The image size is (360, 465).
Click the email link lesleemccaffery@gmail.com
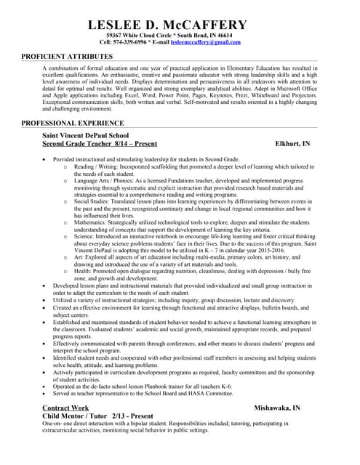[205, 42]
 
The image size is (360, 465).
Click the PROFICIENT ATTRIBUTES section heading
[67, 56]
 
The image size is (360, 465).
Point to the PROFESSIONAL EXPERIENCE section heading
[73, 124]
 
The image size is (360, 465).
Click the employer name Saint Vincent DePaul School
[86, 135]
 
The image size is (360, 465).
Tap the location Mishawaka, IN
[277, 408]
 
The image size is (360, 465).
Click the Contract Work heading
[65, 408]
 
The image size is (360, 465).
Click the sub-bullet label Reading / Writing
[92, 166]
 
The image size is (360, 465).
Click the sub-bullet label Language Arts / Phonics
[104, 181]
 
